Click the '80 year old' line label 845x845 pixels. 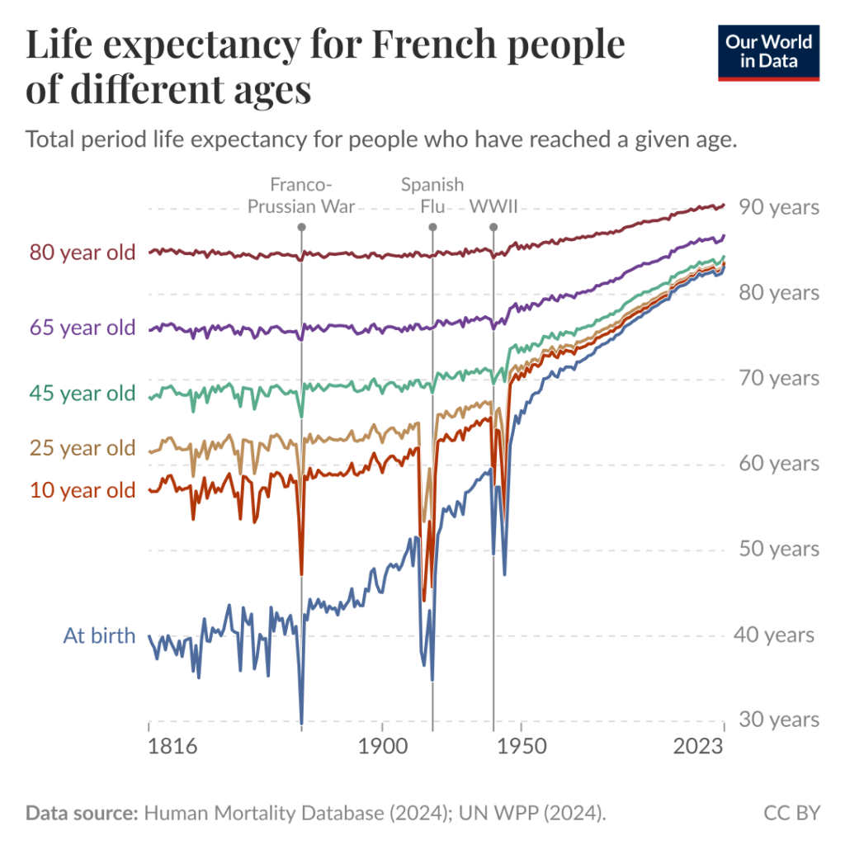(x=82, y=253)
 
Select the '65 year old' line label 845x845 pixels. (x=82, y=328)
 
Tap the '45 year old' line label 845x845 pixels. (x=82, y=394)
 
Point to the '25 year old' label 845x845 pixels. (x=82, y=448)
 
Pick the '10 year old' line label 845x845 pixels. (x=82, y=490)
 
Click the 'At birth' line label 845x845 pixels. (x=99, y=636)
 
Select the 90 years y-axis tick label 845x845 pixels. (x=778, y=206)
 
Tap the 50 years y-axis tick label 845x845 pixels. (x=778, y=549)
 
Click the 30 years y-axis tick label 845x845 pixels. (x=778, y=720)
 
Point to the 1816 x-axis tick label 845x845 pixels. (x=172, y=748)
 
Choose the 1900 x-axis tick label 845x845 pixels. (x=382, y=748)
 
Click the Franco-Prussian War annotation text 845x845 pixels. (x=302, y=196)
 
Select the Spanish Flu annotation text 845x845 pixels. (x=432, y=196)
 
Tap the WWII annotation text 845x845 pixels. (x=493, y=206)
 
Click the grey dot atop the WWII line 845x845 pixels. (x=493, y=227)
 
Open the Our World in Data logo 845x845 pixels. (x=768, y=54)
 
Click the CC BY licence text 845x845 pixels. (x=791, y=813)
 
